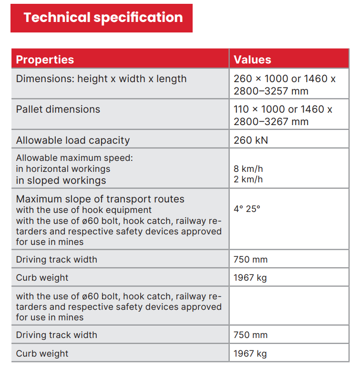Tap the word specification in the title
tap(138, 18)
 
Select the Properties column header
tap(45, 60)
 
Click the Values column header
tap(252, 60)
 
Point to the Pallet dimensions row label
tap(58, 109)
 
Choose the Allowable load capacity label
tap(72, 140)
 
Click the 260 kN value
tap(251, 140)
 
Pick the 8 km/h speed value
tap(248, 169)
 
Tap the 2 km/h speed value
tap(248, 180)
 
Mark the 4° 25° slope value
tap(247, 209)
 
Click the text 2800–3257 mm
tap(271, 91)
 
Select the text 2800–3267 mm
tap(271, 122)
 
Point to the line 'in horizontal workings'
tap(63, 169)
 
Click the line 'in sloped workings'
tap(61, 180)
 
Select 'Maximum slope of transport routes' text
tap(100, 199)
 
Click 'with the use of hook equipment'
tap(84, 210)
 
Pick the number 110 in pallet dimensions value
tap(241, 109)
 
